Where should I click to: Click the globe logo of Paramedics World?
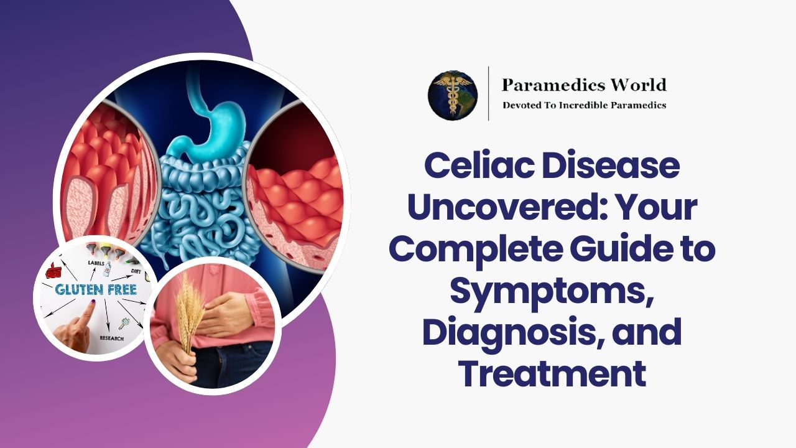pyautogui.click(x=452, y=95)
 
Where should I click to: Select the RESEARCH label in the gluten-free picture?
pyautogui.click(x=111, y=338)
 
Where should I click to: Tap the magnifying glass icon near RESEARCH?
pyautogui.click(x=124, y=322)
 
